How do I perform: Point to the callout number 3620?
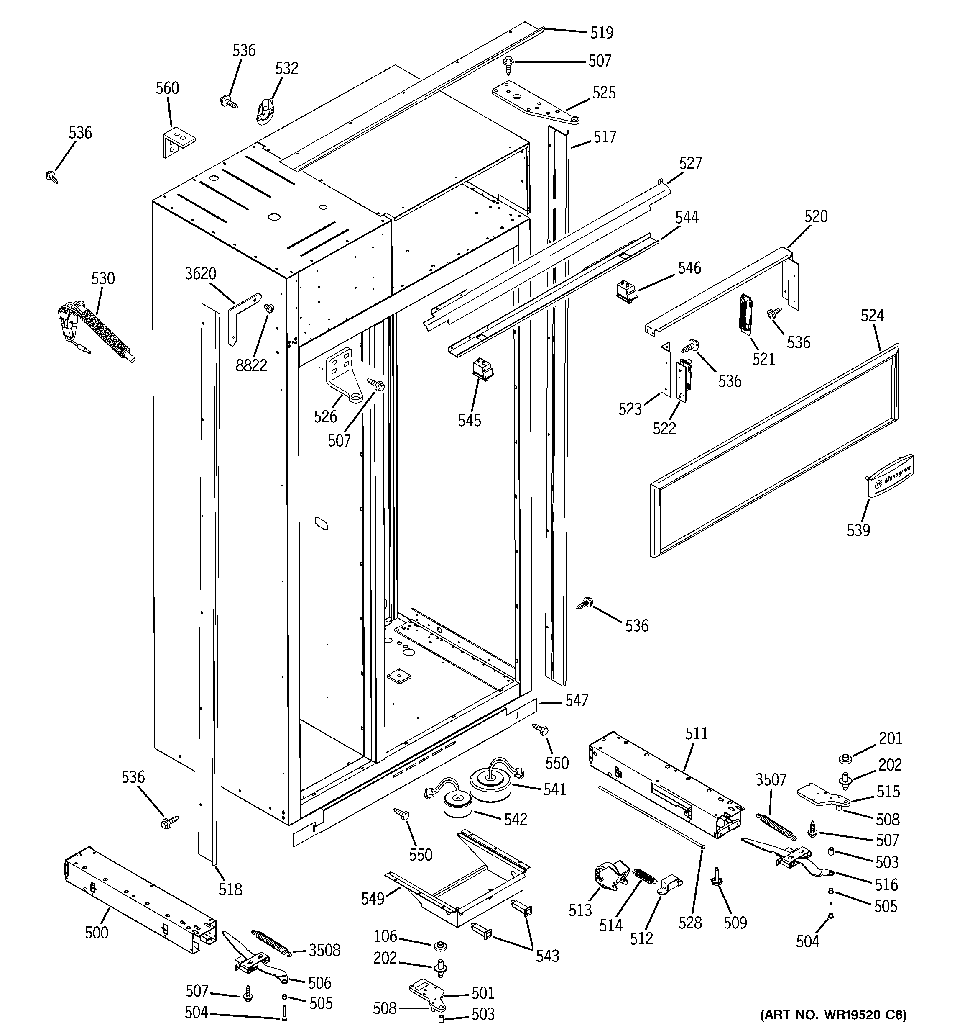tap(200, 274)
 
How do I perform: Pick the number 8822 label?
tap(251, 366)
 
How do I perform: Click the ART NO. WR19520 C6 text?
tap(833, 1015)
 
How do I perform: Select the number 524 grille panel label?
tap(872, 315)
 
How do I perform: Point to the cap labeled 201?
tap(845, 758)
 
